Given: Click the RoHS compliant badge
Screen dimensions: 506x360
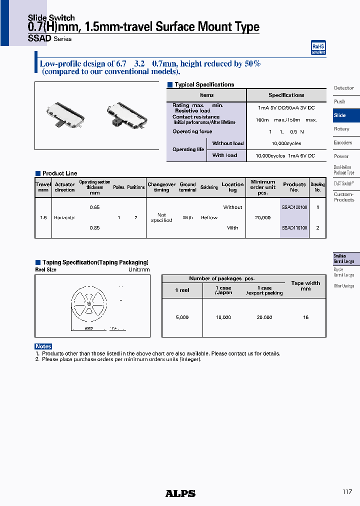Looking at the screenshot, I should (318, 47).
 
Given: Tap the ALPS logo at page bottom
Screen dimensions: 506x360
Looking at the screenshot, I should (180, 493).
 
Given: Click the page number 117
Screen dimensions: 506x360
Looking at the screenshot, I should (347, 492).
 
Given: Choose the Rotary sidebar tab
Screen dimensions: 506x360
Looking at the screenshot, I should (342, 129).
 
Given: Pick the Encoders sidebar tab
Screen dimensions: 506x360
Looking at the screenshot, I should (343, 142).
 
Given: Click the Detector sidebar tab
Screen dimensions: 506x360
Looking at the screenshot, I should (344, 88).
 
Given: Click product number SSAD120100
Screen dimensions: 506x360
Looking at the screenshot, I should (294, 207).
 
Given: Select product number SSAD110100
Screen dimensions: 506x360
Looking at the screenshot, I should (294, 227).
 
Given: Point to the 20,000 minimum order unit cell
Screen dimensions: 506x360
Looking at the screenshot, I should (262, 217).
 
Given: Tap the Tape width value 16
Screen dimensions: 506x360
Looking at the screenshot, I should (305, 317).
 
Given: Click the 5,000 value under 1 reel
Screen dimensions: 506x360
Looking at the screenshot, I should (182, 317).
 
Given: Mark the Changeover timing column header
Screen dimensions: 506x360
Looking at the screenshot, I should (161, 187).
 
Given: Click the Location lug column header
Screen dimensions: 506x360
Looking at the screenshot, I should (232, 187).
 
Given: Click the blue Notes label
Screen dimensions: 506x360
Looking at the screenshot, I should (43, 346).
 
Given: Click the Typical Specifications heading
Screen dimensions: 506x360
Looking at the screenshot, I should (204, 85).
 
